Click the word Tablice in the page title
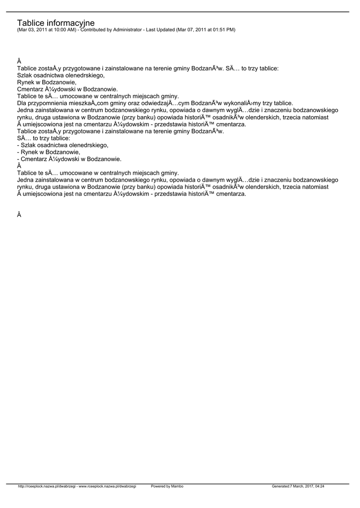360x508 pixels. (x=30, y=23)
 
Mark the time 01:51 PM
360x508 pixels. (x=222, y=30)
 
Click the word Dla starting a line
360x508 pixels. (x=22, y=103)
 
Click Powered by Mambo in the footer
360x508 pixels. (x=167, y=486)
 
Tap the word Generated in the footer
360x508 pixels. (x=282, y=486)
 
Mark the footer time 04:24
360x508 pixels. (x=326, y=486)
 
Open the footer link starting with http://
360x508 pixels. (x=47, y=486)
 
